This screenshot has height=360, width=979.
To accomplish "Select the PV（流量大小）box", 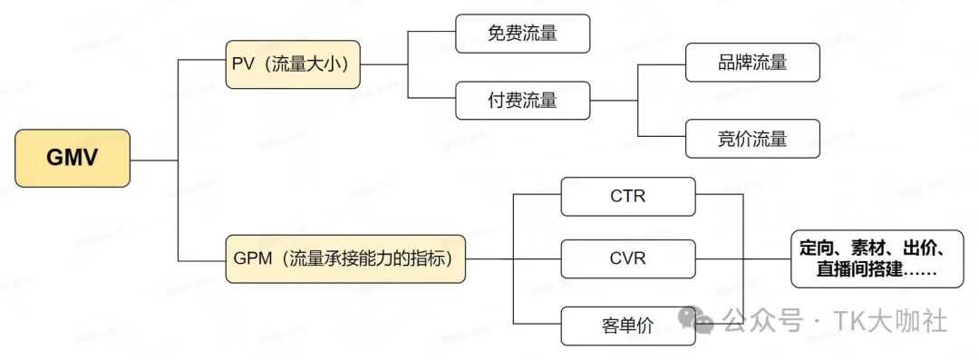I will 294,64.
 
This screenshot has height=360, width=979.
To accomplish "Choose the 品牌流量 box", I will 751,63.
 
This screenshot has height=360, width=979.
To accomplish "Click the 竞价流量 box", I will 751,139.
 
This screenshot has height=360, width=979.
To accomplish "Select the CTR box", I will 628,196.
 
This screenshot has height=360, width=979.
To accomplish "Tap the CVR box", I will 628,258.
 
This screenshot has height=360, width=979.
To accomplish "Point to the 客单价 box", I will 628,326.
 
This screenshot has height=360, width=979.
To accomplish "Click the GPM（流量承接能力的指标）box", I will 345,258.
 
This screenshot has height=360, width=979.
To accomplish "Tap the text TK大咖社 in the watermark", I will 893,320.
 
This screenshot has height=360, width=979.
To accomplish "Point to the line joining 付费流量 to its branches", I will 616,100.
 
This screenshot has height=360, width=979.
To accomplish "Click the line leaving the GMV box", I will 154,160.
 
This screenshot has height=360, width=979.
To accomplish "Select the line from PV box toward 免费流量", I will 385,64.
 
